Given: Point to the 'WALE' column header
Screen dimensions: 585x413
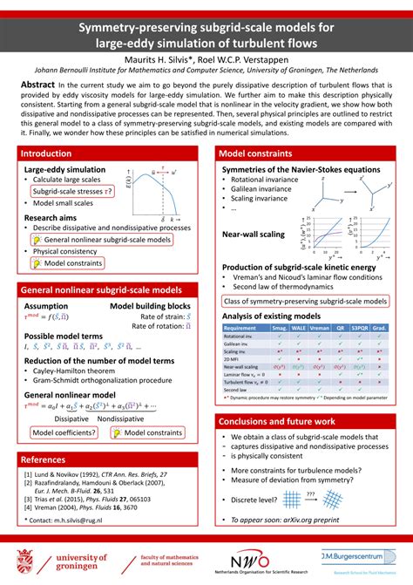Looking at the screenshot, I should pos(298,327).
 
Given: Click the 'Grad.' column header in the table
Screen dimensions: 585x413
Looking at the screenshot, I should pos(381,327).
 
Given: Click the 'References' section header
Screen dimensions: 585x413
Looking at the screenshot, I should pos(44,459).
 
